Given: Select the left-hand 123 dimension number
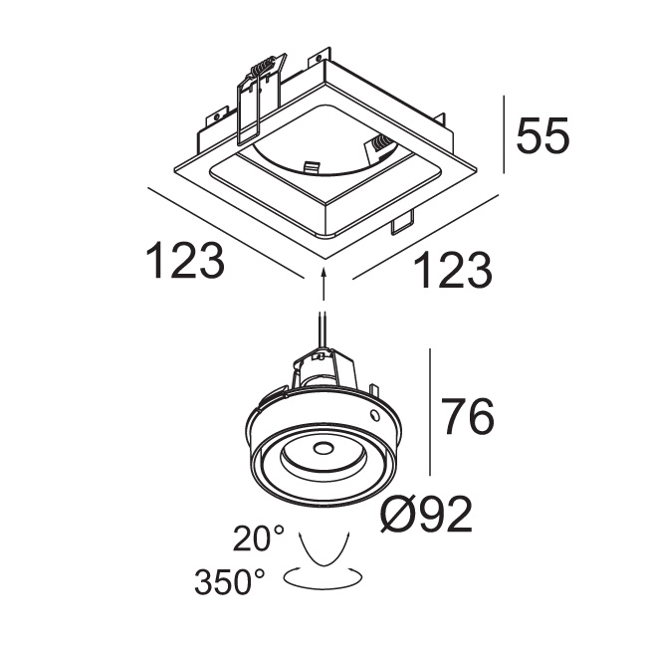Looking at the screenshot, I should tap(185, 261).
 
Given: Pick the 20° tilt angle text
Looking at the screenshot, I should tap(259, 539).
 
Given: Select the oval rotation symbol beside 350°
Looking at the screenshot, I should tap(323, 576).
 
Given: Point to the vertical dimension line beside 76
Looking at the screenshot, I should tap(429, 412).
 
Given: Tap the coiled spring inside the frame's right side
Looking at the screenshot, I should tap(379, 147).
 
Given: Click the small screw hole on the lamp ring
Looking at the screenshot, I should tap(374, 413).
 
